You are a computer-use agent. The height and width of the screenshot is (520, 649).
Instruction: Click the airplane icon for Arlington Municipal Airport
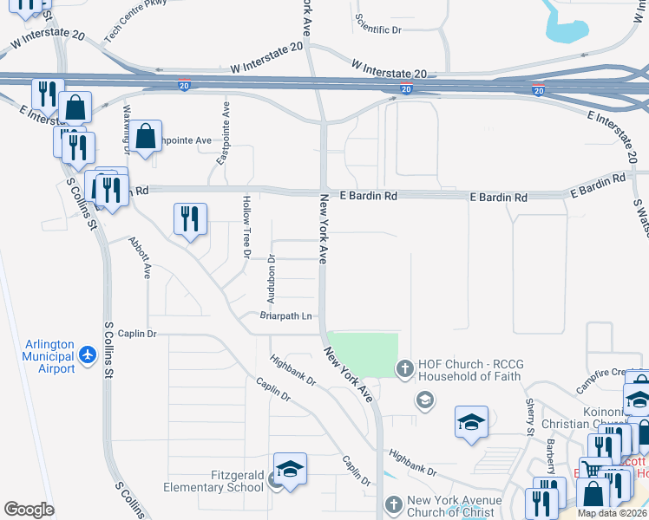[x=87, y=354]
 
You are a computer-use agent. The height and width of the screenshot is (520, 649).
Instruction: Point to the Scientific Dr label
[x=380, y=29]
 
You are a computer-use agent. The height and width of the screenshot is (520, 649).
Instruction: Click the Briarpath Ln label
[x=285, y=316]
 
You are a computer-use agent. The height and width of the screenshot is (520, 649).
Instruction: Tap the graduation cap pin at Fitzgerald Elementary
[x=290, y=469]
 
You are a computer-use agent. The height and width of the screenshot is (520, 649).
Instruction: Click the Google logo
[x=29, y=510]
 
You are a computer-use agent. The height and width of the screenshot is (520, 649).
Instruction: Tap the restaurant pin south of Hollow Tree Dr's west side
[x=190, y=219]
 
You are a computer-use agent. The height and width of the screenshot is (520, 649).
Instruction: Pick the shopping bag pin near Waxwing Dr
[x=146, y=135]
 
